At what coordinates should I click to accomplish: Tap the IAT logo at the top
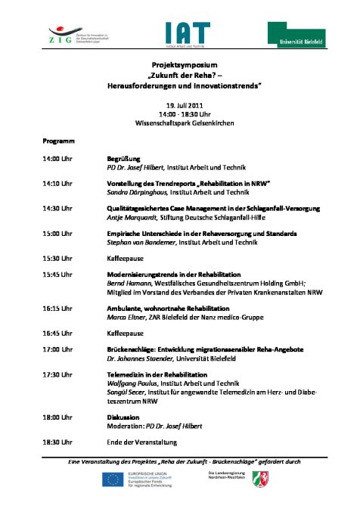pyautogui.click(x=182, y=33)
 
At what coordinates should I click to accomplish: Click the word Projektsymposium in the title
pyautogui.click(x=179, y=66)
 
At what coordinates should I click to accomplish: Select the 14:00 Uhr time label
pyautogui.click(x=57, y=160)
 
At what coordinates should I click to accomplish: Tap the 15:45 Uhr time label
pyautogui.click(x=57, y=273)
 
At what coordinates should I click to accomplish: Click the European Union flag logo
pyautogui.click(x=114, y=479)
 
